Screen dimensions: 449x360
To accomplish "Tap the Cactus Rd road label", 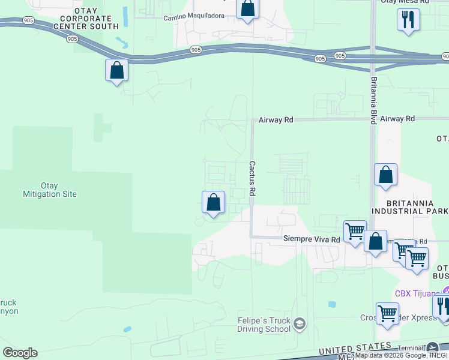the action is [x=253, y=178].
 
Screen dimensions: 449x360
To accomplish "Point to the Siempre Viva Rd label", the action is [x=312, y=239].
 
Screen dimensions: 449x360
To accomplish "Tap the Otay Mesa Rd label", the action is [x=405, y=2].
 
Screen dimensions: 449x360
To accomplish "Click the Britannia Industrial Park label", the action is [x=411, y=206].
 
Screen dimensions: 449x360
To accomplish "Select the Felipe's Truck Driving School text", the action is [x=255, y=325].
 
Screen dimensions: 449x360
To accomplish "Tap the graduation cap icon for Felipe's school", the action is [x=300, y=325].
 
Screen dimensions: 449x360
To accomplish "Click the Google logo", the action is [x=20, y=353].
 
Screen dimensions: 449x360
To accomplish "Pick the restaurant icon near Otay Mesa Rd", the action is [x=408, y=19].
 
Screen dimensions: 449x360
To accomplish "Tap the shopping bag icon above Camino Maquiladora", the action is [x=247, y=9].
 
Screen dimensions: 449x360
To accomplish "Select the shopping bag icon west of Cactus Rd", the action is [x=213, y=202].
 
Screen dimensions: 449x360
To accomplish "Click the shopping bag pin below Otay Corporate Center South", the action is [x=117, y=70].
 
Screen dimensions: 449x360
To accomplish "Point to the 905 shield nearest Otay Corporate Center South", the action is [x=72, y=39].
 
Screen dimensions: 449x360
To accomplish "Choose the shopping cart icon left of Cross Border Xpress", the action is [x=387, y=313].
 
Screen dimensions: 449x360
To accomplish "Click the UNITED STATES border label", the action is [x=354, y=349].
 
